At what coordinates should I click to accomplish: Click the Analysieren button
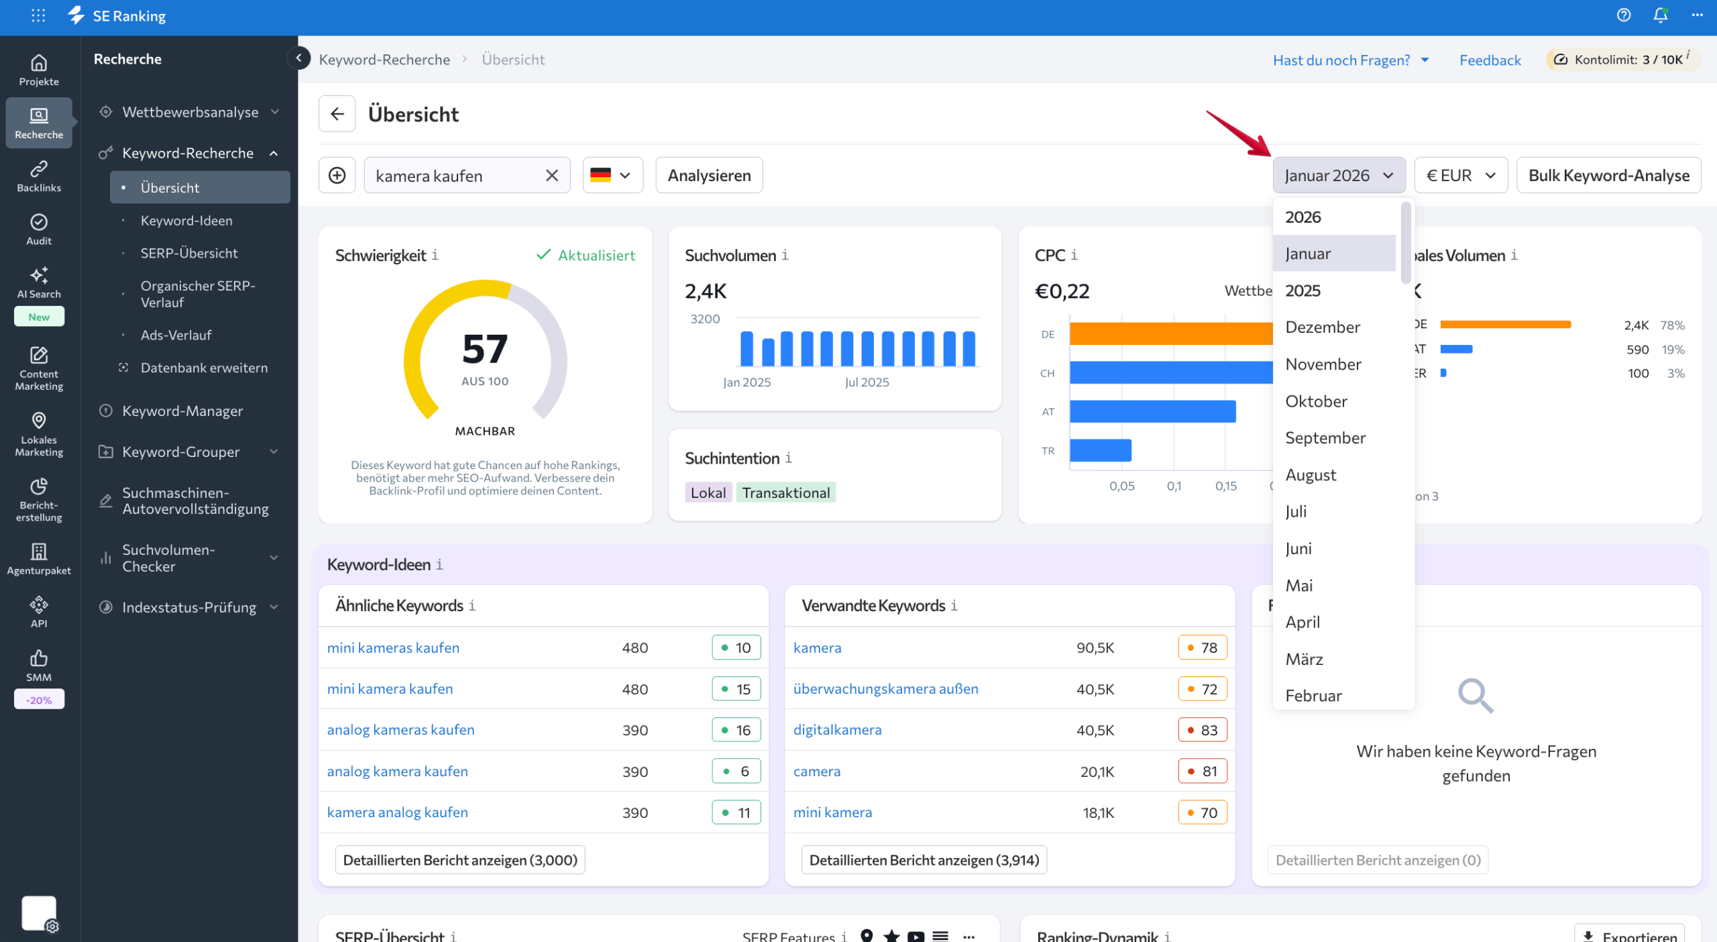click(709, 175)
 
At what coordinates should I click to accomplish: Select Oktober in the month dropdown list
click(1316, 401)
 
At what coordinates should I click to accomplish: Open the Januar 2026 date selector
click(1338, 175)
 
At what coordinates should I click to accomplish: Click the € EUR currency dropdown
click(1460, 175)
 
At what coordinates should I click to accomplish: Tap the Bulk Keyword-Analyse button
click(1608, 175)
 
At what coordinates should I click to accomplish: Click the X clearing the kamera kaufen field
click(551, 175)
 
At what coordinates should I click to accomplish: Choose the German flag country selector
click(612, 175)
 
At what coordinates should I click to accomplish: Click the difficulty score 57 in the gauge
click(485, 349)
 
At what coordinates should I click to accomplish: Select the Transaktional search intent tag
click(785, 492)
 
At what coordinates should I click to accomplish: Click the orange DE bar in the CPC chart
click(1170, 333)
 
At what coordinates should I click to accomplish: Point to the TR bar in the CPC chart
click(1100, 450)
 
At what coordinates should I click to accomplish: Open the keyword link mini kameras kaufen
click(393, 647)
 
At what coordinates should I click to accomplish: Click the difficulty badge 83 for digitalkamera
click(1202, 730)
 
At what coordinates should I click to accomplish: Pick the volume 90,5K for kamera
click(1095, 647)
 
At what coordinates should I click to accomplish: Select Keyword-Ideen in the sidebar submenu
click(186, 221)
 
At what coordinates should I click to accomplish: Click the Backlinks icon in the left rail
click(39, 176)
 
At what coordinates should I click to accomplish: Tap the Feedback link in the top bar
click(1490, 60)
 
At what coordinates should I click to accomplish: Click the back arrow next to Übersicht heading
click(337, 114)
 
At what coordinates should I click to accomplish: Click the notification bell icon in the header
click(1660, 15)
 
